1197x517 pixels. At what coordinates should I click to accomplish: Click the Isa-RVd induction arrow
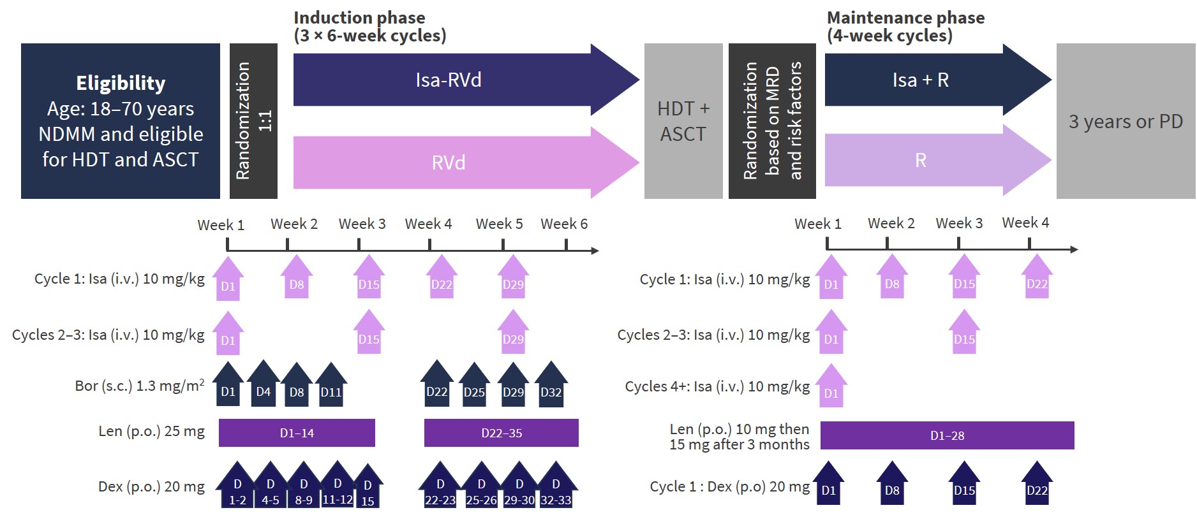[x=449, y=80]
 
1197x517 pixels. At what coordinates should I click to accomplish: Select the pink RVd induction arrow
[x=449, y=162]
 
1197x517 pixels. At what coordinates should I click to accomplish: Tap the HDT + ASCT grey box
[x=683, y=121]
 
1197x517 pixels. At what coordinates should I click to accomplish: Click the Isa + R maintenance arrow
[x=921, y=80]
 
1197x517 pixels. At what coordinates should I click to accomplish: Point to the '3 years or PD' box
[x=1126, y=121]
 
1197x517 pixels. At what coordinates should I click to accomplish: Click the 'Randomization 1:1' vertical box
[x=253, y=121]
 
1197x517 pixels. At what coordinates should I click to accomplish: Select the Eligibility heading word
[x=121, y=83]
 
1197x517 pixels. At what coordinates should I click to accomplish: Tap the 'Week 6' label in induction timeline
[x=564, y=224]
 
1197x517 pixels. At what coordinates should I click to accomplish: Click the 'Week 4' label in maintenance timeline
[x=1025, y=222]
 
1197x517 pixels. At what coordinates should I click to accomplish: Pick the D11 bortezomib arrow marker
[x=331, y=385]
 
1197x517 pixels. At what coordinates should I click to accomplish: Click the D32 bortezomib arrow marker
[x=551, y=385]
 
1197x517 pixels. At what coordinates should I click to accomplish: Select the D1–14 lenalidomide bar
[x=297, y=433]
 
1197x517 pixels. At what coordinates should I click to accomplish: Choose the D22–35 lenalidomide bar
[x=502, y=433]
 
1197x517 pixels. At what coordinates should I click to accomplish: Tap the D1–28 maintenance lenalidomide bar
[x=947, y=435]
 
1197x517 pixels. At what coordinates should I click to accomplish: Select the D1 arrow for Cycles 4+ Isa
[x=831, y=387]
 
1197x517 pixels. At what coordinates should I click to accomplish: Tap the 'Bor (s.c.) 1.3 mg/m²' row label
[x=140, y=386]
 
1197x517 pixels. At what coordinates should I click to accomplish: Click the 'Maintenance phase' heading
[x=905, y=18]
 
